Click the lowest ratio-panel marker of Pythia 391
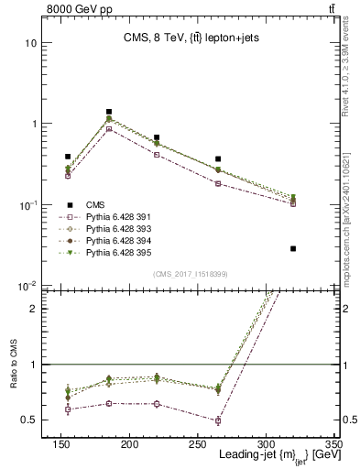point(218,421)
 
